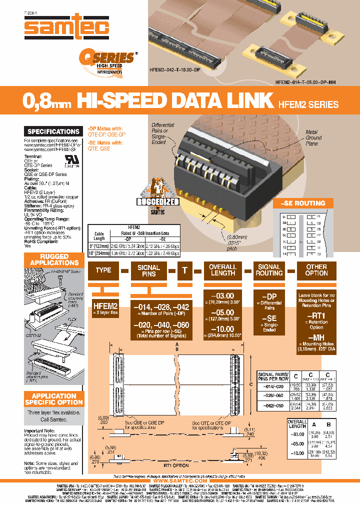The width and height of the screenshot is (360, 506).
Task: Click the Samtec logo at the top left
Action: coord(67,25)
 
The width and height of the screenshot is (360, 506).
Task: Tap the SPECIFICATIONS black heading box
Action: coord(53,131)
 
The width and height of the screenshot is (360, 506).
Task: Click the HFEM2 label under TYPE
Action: coord(105,305)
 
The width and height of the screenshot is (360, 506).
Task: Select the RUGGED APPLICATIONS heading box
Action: coord(53,259)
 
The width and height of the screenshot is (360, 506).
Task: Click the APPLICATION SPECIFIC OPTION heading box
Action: coord(53,398)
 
